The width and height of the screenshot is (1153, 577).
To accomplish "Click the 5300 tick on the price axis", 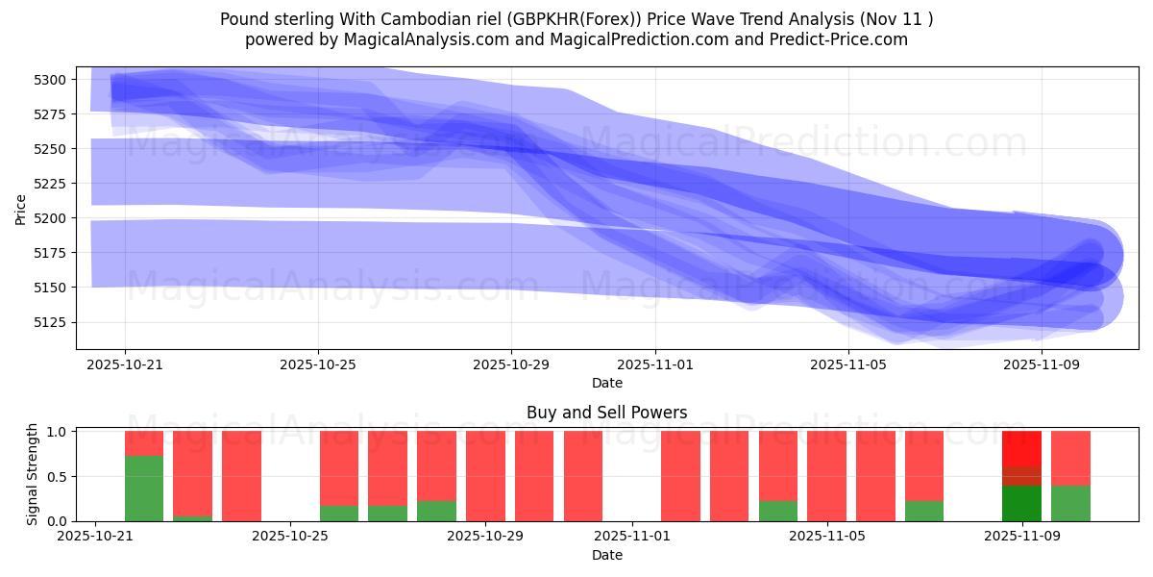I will (51, 80).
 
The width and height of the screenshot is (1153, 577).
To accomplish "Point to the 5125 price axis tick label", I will (51, 322).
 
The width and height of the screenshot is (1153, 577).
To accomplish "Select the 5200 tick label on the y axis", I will (51, 218).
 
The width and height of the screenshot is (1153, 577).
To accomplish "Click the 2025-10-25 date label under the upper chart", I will (318, 365).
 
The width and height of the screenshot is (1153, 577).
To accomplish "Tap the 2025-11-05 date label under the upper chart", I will (848, 365).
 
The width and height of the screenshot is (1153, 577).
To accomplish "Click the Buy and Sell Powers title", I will (606, 413).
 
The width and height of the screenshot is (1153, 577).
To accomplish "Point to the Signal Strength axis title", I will (33, 474).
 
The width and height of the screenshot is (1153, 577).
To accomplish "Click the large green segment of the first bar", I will (144, 489).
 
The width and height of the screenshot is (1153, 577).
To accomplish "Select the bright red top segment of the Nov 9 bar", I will (1021, 448).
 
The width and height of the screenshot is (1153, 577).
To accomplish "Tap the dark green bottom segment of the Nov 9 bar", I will (1021, 503).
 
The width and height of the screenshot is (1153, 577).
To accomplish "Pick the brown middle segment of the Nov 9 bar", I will (1021, 476).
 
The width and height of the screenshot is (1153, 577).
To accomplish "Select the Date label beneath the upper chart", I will (606, 383).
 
